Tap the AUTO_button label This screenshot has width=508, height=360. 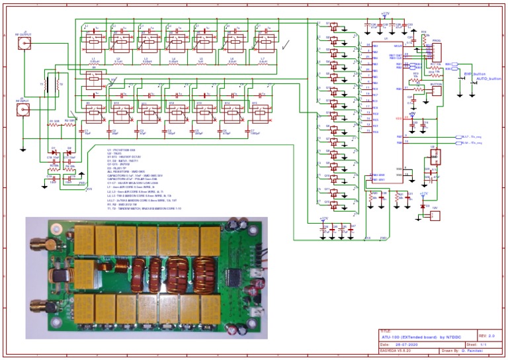pyautogui.click(x=488, y=79)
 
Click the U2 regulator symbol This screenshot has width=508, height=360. pyautogui.click(x=433, y=157)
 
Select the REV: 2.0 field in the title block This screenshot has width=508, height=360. pyautogui.click(x=487, y=337)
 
